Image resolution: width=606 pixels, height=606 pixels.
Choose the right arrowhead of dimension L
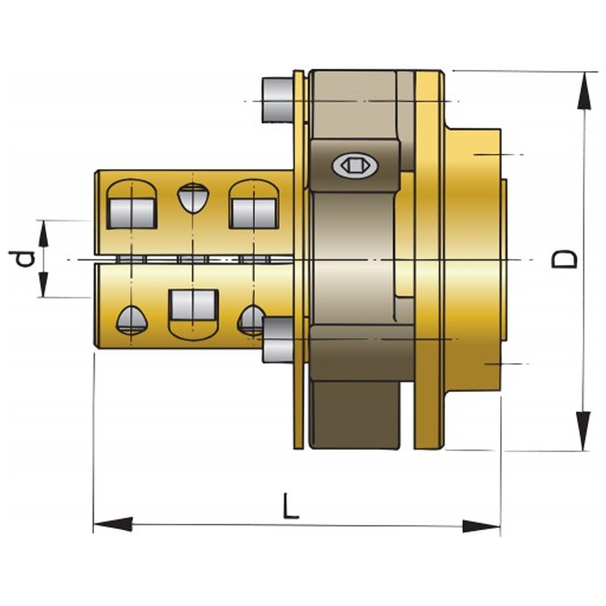482,525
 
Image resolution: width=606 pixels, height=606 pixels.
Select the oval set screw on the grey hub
355,165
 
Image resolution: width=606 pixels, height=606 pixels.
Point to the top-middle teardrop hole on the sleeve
193,198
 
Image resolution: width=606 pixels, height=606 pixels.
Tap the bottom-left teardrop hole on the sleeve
131,319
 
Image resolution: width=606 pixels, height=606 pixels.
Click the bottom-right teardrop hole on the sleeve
250,319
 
